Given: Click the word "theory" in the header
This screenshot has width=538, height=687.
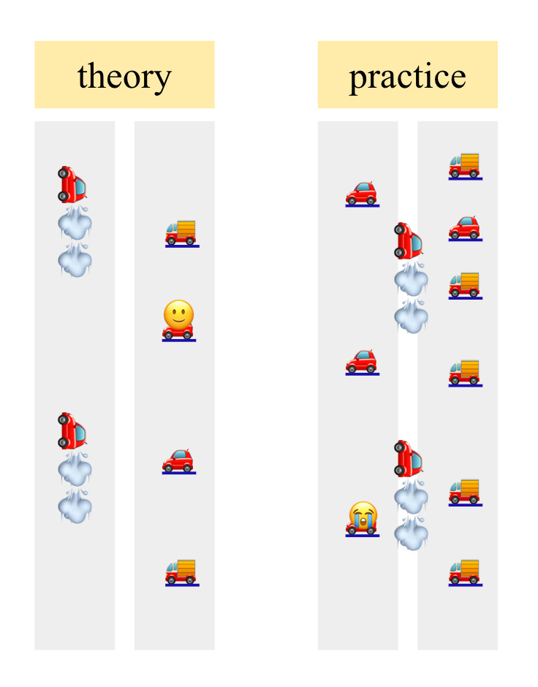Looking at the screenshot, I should point(124,76).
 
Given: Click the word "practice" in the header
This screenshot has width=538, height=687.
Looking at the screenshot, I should point(407,76).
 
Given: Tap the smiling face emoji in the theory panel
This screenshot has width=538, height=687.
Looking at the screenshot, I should point(179,315).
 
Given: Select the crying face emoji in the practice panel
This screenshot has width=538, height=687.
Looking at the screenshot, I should point(363,515).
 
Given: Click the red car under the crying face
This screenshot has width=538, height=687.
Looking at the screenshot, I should point(363,529).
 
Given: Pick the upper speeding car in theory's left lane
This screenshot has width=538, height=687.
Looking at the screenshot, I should point(73,184).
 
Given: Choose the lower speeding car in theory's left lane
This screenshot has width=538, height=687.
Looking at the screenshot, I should point(73,430).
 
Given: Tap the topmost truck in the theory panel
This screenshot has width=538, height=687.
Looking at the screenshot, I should point(181,232).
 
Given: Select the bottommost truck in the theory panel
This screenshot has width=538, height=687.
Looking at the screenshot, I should point(181,572).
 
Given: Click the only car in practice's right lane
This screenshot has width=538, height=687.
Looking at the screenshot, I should point(465,227).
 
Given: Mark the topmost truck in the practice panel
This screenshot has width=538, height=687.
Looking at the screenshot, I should point(465,165).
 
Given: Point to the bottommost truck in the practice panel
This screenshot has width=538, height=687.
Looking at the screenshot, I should point(465,572).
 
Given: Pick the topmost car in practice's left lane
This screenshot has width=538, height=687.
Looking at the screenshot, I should point(362,194).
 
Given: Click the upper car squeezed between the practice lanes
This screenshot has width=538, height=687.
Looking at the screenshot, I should point(409,240).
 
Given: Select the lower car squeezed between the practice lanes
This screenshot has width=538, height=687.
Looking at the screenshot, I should point(409,458).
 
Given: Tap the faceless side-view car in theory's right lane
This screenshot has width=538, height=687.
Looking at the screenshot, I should point(178,460).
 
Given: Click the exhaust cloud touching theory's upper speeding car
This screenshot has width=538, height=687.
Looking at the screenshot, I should point(75,223).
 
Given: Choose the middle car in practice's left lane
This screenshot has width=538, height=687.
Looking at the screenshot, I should point(362,361).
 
